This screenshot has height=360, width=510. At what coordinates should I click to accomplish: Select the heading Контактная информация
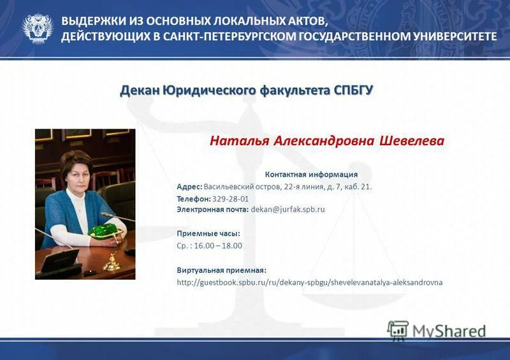(311, 174)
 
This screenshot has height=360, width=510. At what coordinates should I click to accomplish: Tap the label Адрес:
(189, 187)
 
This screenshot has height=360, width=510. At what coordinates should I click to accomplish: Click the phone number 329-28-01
(230, 199)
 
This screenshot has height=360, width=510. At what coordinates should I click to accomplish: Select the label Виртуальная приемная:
(221, 270)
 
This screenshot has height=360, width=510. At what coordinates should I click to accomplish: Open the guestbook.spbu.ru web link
(309, 282)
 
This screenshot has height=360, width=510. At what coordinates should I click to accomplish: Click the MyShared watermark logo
(437, 329)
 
